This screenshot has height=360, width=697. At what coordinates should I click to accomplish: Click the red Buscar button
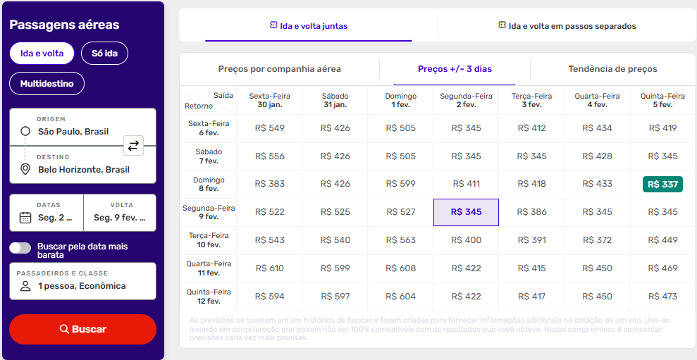pyautogui.click(x=82, y=329)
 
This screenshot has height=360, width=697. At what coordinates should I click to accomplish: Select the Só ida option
pyautogui.click(x=104, y=54)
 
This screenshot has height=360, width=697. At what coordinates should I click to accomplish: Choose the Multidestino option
pyautogui.click(x=47, y=83)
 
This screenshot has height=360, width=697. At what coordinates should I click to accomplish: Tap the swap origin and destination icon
pyautogui.click(x=133, y=146)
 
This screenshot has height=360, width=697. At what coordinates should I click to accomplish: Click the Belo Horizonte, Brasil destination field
pyautogui.click(x=83, y=170)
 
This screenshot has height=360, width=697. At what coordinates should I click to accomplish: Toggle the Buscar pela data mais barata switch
pyautogui.click(x=20, y=247)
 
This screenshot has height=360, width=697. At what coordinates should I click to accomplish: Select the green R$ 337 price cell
pyautogui.click(x=662, y=184)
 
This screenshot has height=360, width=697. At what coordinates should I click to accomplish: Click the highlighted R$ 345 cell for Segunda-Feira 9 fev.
pyautogui.click(x=466, y=212)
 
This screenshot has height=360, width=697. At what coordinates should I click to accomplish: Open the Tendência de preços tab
pyautogui.click(x=612, y=69)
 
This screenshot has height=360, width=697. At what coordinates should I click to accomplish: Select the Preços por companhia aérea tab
pyautogui.click(x=279, y=69)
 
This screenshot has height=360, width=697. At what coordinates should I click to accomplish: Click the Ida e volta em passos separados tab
pyautogui.click(x=567, y=26)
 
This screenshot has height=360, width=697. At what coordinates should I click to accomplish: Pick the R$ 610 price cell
pyautogui.click(x=270, y=268)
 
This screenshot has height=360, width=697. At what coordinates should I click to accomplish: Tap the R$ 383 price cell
pyautogui.click(x=270, y=184)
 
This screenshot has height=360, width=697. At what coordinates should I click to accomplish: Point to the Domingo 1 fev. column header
pyautogui.click(x=400, y=100)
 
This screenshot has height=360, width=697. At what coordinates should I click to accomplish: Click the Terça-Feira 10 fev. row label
pyautogui.click(x=208, y=240)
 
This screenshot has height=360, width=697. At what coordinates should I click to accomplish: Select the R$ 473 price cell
pyautogui.click(x=662, y=297)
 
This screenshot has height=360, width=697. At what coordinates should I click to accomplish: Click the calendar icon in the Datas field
pyautogui.click(x=25, y=218)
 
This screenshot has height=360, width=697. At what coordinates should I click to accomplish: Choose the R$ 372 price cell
pyautogui.click(x=597, y=240)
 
